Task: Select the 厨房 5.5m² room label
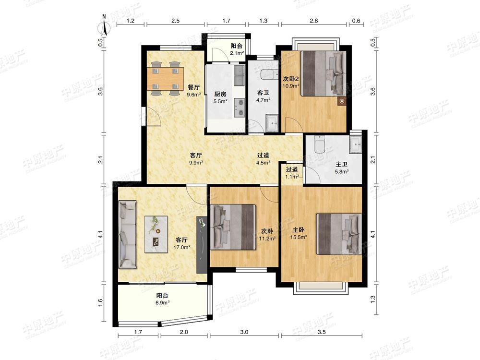(220, 97)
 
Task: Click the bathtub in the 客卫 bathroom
(269, 75)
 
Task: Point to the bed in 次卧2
(323, 73)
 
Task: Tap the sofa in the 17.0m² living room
(127, 235)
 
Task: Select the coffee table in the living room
(156, 234)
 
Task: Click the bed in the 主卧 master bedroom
(339, 234)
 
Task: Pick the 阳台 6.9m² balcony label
(163, 299)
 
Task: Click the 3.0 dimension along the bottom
(244, 332)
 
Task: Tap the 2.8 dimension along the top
(314, 21)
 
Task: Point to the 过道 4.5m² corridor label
(263, 159)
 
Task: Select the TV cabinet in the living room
(202, 245)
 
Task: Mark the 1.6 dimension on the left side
(101, 302)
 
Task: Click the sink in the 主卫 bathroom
(356, 144)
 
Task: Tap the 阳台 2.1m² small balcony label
(237, 49)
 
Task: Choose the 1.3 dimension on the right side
(373, 298)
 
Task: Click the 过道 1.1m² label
(292, 173)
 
